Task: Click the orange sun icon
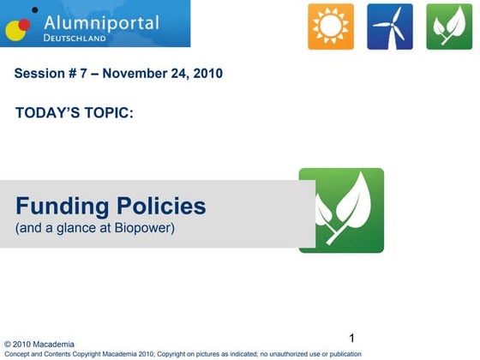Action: (331, 27)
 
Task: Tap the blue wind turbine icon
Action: (390, 27)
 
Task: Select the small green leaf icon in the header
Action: (449, 27)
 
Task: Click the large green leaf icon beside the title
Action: (341, 210)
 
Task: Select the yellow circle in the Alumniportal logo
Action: (16, 31)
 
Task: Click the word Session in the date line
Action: (38, 73)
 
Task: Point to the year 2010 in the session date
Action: (207, 73)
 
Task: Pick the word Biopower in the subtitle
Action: (144, 229)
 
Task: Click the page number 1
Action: (352, 336)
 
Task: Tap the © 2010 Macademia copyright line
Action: (39, 345)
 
